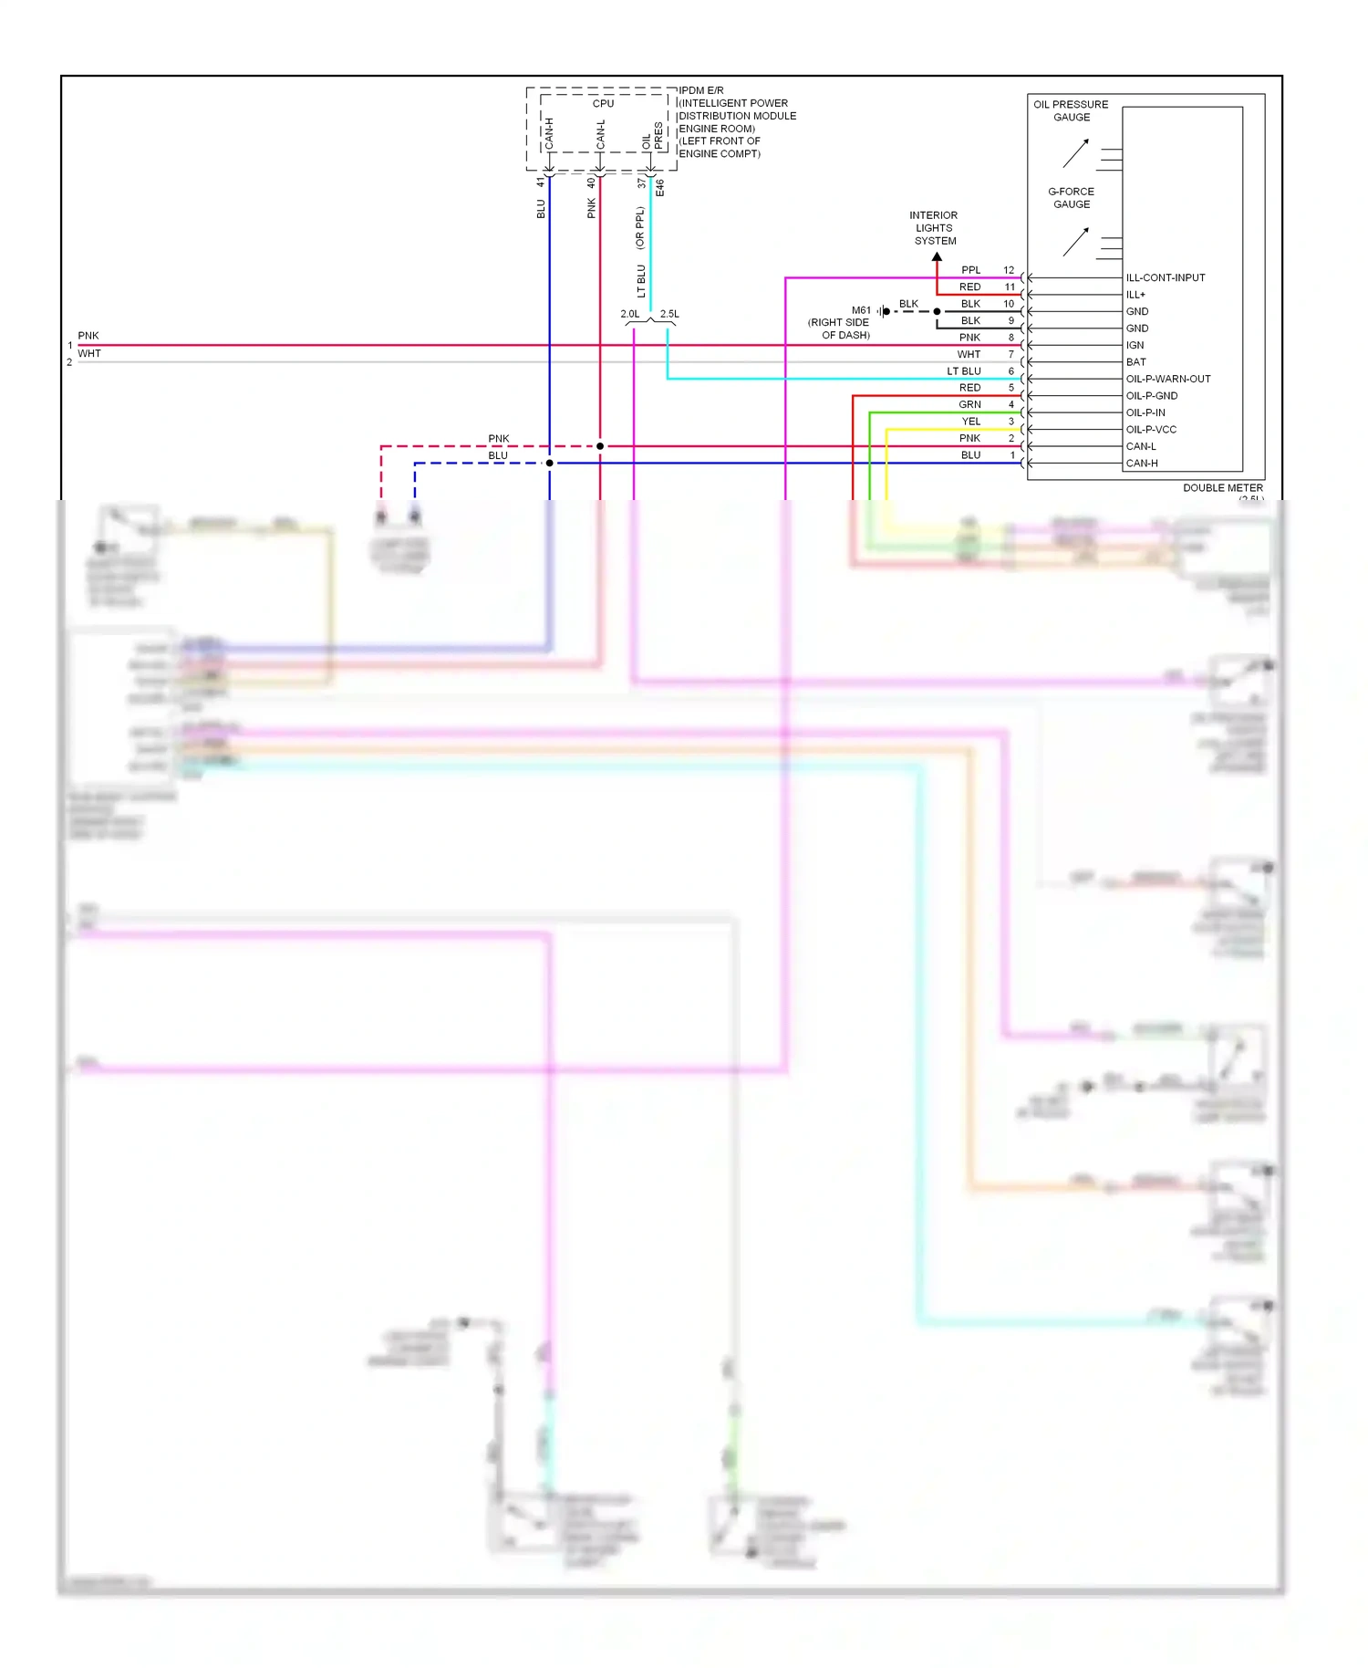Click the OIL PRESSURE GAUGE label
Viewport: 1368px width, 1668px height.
(1071, 110)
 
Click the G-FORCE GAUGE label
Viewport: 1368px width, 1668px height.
(1071, 198)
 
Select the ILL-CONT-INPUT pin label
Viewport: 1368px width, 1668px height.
(1165, 277)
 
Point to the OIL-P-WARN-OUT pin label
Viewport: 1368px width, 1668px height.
(1167, 379)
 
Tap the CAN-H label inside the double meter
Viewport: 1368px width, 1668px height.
(1141, 464)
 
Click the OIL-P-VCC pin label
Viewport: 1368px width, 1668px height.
(1150, 430)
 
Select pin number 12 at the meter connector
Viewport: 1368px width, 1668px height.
(1009, 270)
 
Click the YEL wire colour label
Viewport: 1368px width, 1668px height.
(970, 422)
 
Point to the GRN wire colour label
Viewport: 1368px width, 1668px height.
(969, 404)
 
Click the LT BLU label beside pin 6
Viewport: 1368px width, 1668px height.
(963, 371)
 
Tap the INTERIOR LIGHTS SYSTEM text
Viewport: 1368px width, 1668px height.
(934, 228)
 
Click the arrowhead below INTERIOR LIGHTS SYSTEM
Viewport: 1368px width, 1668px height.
(937, 257)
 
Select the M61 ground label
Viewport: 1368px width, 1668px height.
(861, 310)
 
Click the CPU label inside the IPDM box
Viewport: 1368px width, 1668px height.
(603, 103)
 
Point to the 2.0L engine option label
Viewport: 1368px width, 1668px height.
(629, 314)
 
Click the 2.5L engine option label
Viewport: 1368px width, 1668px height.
(669, 314)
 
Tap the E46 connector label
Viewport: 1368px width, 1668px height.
(660, 188)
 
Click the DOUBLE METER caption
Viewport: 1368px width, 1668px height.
(1222, 488)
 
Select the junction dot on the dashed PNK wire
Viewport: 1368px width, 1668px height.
(600, 446)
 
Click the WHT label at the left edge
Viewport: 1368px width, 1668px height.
(89, 354)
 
